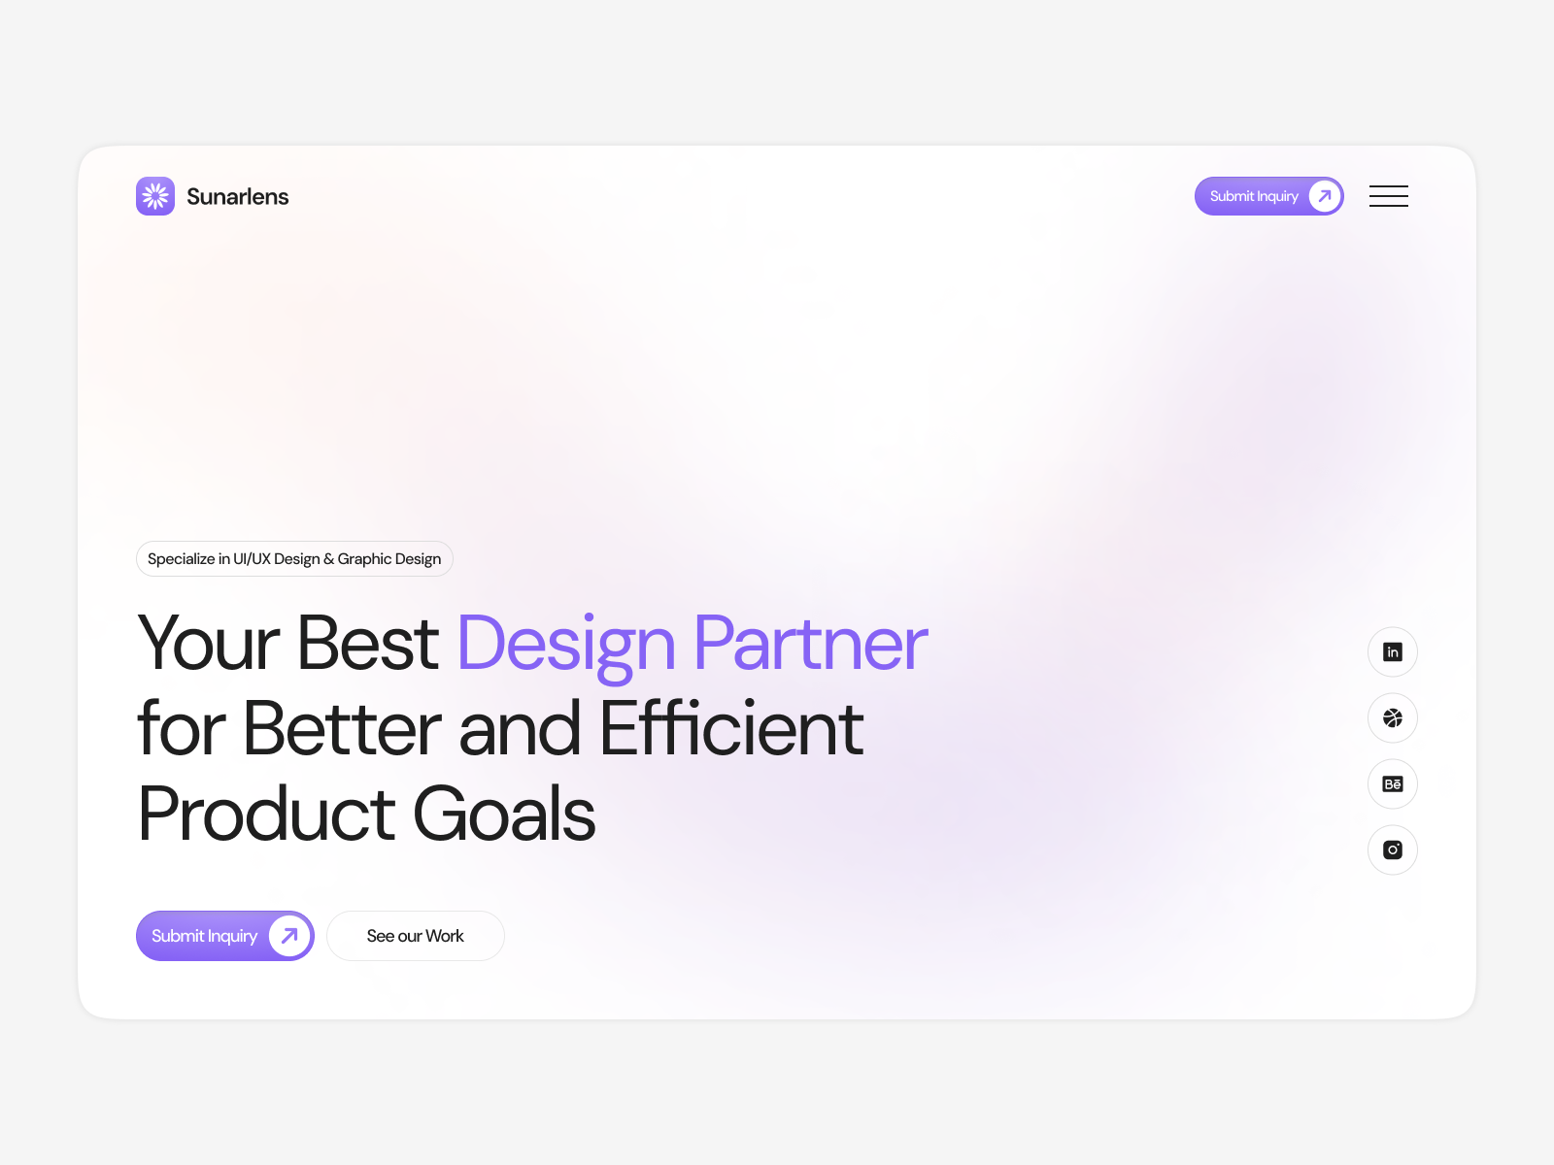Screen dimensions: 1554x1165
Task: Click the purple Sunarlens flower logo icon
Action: pyautogui.click(x=155, y=196)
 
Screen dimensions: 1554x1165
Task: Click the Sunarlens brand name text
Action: pyautogui.click(x=237, y=197)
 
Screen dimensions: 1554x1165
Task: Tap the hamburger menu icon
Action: pyautogui.click(x=1388, y=196)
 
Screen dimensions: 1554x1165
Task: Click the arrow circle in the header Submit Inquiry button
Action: pyautogui.click(x=1324, y=196)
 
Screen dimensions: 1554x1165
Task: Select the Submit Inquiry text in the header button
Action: pyautogui.click(x=1254, y=196)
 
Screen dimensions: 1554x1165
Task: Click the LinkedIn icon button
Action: pyautogui.click(x=1392, y=652)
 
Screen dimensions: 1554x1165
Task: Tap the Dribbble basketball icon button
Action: pyautogui.click(x=1392, y=718)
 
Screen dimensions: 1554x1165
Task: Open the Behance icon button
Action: pyautogui.click(x=1392, y=783)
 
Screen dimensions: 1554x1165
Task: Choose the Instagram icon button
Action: pyautogui.click(x=1392, y=849)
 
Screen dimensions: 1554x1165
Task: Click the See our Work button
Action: pyautogui.click(x=415, y=936)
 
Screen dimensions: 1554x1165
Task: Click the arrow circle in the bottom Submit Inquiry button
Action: pyautogui.click(x=288, y=936)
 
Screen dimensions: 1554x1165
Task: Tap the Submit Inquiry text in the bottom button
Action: pyautogui.click(x=205, y=936)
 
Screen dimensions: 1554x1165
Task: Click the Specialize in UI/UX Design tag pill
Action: pyautogui.click(x=294, y=559)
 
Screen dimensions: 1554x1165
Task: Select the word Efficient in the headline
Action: pyautogui.click(x=731, y=727)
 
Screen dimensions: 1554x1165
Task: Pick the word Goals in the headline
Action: pyautogui.click(x=504, y=814)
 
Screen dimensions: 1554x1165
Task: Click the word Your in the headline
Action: pyautogui.click(x=208, y=643)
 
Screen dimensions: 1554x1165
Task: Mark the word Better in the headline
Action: pyautogui.click(x=342, y=728)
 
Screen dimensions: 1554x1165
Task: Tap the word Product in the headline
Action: pyautogui.click(x=266, y=814)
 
